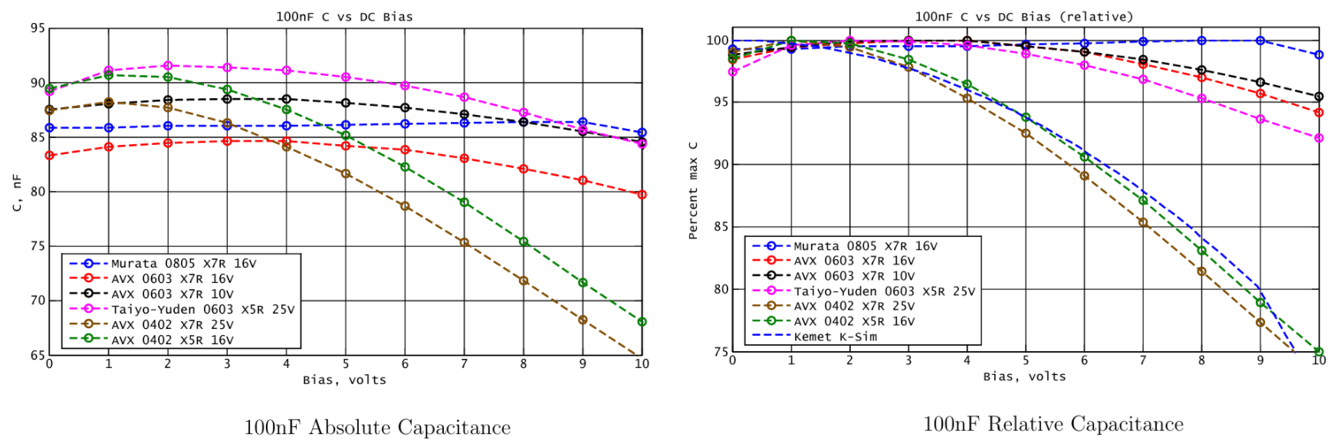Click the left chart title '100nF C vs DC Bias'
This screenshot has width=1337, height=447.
click(x=344, y=17)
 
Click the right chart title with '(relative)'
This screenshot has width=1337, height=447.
click(x=1023, y=17)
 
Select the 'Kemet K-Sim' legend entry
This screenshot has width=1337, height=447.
click(x=835, y=337)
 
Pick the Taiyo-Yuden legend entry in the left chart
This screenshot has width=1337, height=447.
click(x=202, y=310)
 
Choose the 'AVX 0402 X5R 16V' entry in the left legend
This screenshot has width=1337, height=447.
click(x=172, y=340)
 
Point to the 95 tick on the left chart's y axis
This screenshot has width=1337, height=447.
click(x=38, y=28)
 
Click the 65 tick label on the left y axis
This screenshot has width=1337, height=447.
click(x=38, y=355)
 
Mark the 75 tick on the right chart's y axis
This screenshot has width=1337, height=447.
click(x=721, y=352)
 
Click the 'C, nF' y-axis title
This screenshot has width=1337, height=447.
click(x=17, y=192)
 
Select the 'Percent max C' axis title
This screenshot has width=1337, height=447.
click(x=693, y=190)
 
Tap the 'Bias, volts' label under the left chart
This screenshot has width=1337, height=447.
click(x=344, y=380)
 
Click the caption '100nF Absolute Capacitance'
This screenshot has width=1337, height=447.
click(x=377, y=428)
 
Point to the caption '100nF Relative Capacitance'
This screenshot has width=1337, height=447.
click(x=1053, y=425)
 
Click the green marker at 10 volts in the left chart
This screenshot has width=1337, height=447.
click(x=642, y=322)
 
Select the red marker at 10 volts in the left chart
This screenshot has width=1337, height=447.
click(x=642, y=195)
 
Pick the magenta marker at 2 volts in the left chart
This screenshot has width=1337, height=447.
click(x=168, y=66)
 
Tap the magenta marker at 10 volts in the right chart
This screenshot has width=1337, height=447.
click(x=1319, y=138)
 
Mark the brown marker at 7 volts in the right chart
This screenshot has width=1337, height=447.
click(x=1143, y=223)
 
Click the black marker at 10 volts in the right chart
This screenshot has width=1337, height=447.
click(x=1319, y=97)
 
